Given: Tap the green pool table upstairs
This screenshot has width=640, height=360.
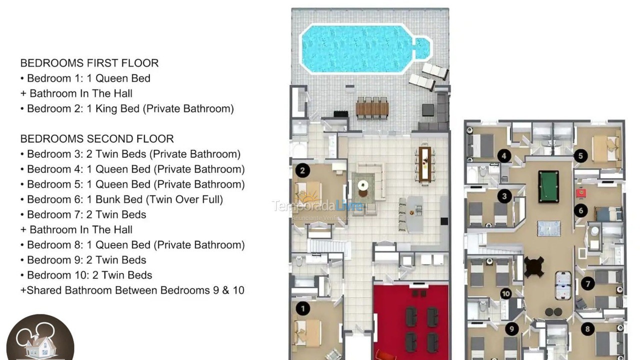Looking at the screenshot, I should point(548,186).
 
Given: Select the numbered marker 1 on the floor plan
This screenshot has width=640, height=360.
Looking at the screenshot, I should point(302,308).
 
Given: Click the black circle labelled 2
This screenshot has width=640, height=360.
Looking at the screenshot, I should point(302,171).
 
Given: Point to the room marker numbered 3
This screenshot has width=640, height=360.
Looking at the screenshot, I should point(504,196).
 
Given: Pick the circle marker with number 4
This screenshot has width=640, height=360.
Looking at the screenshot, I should point(504,156).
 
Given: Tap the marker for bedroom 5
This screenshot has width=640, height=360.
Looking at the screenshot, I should point(580,156).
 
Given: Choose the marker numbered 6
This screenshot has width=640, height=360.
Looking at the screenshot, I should point(580,210).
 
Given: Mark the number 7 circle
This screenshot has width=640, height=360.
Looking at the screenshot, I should point(587,284).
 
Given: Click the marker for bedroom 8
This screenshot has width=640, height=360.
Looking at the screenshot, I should point(587,328).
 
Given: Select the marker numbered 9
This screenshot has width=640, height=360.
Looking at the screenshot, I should point(511,328).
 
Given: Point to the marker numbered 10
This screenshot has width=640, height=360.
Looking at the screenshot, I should point(506,294).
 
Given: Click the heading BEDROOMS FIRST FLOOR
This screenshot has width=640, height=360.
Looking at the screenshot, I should point(89,63).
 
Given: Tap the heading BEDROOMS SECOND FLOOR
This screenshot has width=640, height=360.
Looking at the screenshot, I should point(97,139).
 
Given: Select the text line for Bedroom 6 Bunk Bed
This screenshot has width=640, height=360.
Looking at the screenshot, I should point(124,199).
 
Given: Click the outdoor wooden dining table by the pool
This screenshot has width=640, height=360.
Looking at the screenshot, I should point(372,107).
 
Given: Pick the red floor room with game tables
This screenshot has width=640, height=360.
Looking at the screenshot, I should point(411,320).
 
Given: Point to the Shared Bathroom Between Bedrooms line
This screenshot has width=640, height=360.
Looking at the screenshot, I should point(132,290).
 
